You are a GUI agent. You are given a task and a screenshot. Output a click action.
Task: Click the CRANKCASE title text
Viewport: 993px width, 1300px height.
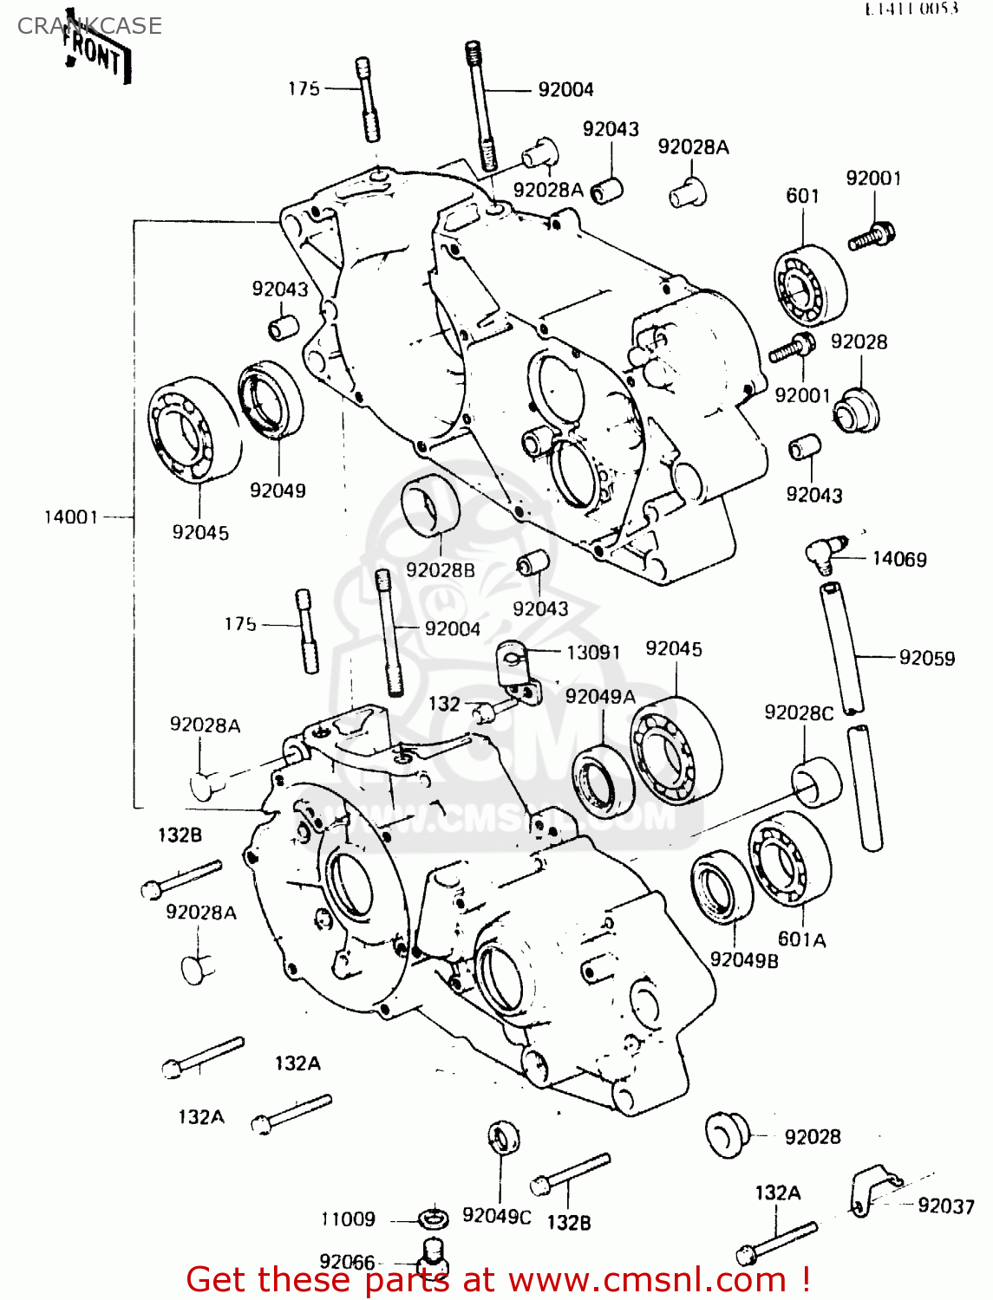click(x=89, y=26)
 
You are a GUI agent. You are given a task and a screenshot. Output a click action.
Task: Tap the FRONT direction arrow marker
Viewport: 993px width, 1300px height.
click(x=98, y=55)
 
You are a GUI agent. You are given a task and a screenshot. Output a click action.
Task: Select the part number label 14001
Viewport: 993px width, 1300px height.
click(x=71, y=517)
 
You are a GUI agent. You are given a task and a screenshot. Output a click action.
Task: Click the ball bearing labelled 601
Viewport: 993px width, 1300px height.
click(x=810, y=283)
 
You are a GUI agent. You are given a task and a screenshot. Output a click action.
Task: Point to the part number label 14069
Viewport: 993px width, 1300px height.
click(x=899, y=559)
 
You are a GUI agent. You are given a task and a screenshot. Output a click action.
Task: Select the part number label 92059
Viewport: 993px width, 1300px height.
click(x=926, y=658)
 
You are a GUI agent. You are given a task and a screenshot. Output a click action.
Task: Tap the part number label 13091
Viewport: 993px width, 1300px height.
click(x=593, y=652)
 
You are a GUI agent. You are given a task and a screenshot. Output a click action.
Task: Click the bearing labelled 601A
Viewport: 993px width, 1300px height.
click(x=789, y=859)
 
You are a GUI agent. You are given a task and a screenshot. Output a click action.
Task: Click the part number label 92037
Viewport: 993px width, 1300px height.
click(x=946, y=1206)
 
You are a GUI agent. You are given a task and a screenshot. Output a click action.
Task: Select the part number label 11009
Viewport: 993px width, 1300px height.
click(x=348, y=1219)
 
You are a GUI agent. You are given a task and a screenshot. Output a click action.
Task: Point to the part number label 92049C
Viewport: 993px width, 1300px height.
click(x=496, y=1216)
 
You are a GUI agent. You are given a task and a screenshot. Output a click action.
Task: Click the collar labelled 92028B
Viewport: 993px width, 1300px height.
click(x=430, y=506)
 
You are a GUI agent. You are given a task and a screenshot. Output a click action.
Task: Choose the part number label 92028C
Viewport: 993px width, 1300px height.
click(x=798, y=712)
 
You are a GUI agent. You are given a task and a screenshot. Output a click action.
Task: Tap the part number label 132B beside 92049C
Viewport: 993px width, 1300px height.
click(x=568, y=1222)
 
